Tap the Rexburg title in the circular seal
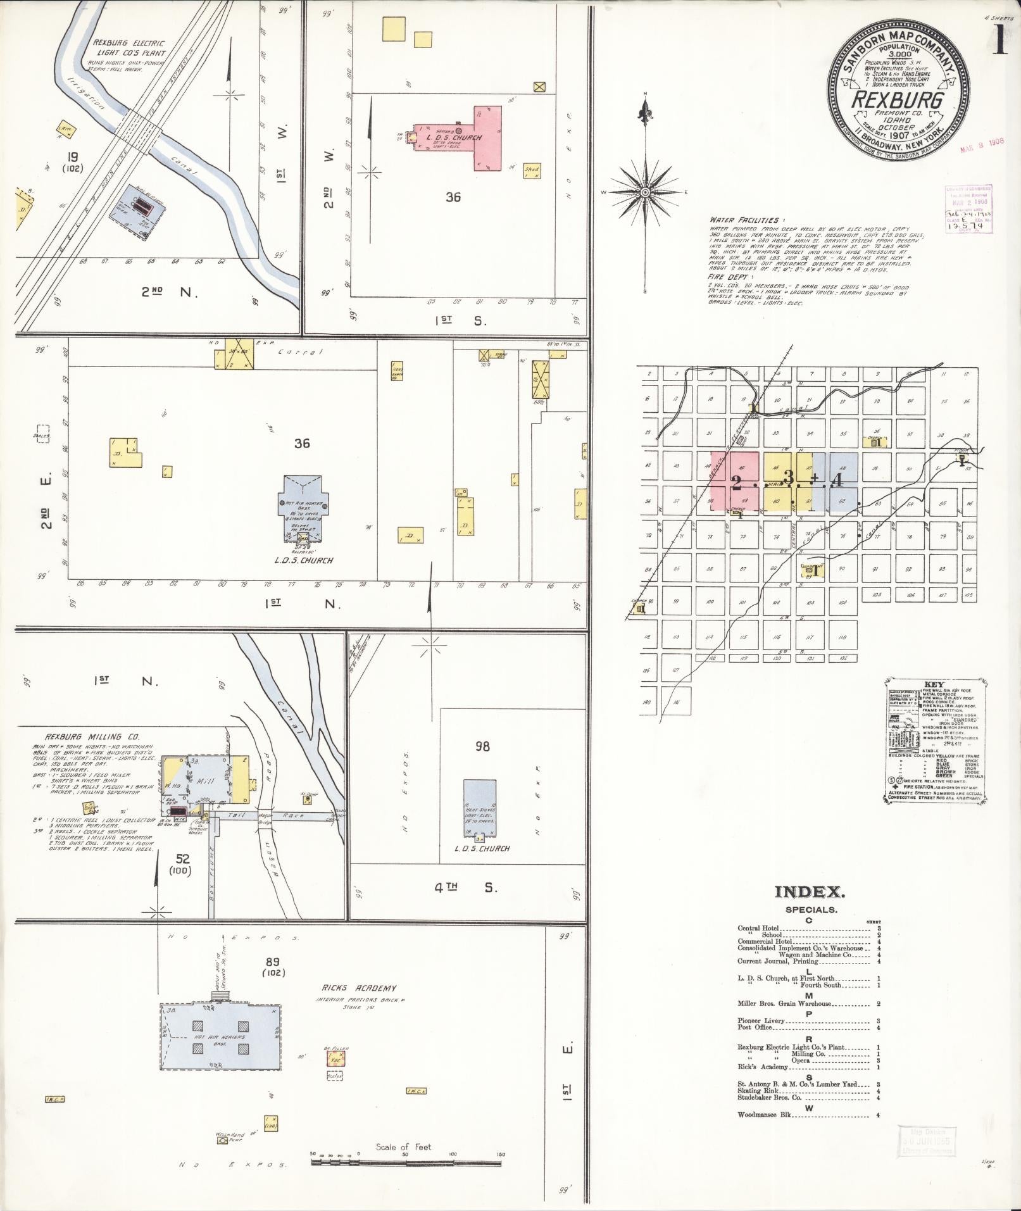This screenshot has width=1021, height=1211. coord(898,101)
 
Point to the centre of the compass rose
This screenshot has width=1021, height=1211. coord(645,191)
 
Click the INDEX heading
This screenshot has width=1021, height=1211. coord(810,893)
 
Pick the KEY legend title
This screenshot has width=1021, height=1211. coord(934,685)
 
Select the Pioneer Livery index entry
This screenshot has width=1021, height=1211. coord(761,1020)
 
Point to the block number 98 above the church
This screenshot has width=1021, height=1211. coord(482,747)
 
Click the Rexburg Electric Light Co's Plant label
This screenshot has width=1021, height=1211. coord(128,47)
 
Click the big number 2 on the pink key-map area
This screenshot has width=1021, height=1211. coord(736,482)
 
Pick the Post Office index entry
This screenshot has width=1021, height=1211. coord(753,1027)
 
